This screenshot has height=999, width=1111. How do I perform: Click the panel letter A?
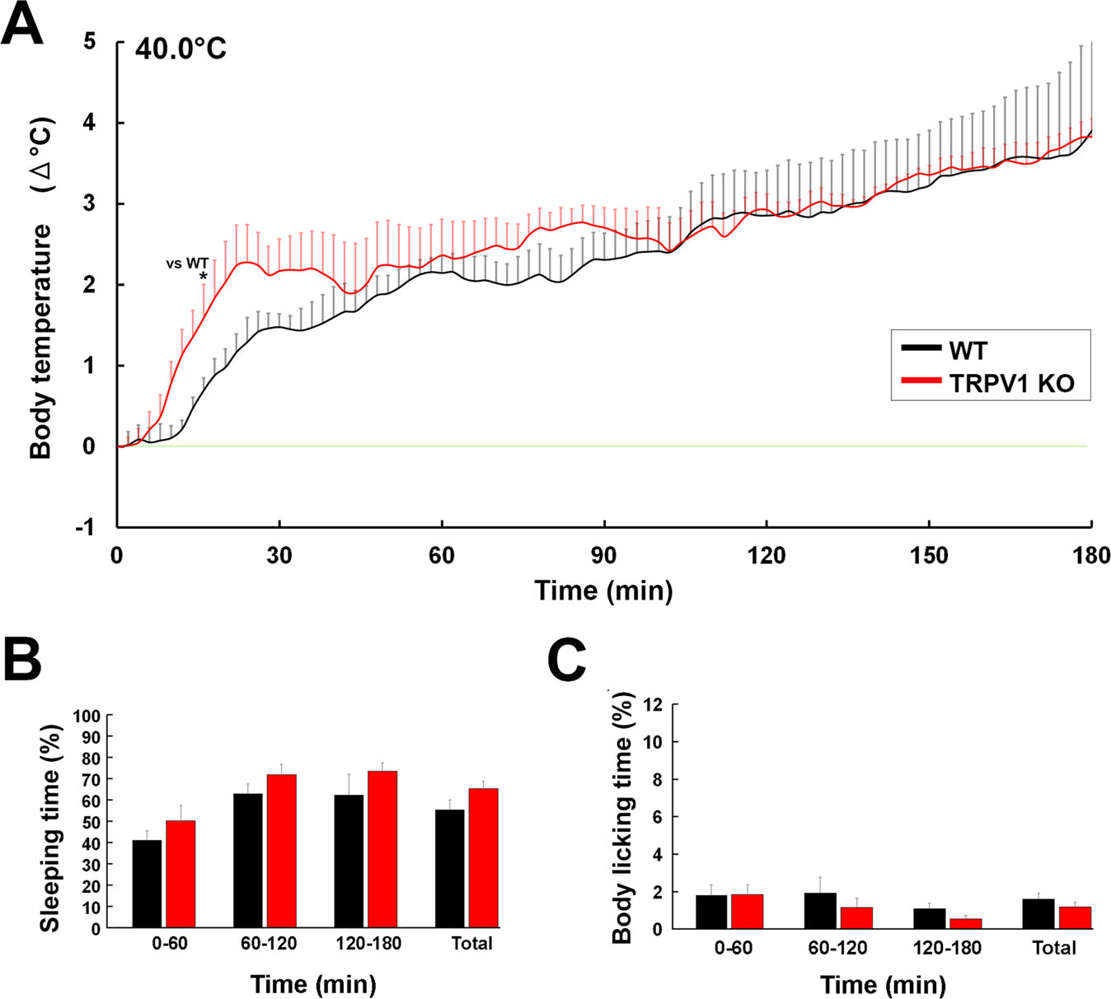(x=22, y=25)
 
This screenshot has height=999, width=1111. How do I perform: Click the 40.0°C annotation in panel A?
(x=180, y=49)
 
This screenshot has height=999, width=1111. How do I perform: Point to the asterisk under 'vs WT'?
(x=204, y=277)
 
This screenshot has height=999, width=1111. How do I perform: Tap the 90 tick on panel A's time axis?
(x=604, y=556)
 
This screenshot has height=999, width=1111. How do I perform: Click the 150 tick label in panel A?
(x=929, y=556)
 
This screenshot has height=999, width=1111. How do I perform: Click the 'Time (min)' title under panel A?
(x=603, y=591)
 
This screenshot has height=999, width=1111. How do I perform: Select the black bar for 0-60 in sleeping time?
(x=147, y=884)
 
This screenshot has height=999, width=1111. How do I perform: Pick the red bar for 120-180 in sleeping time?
(x=382, y=849)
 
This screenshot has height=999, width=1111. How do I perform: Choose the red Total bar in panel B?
(x=483, y=858)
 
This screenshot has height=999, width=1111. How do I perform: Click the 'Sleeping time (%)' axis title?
(x=49, y=828)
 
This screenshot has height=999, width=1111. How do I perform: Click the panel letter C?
(x=567, y=661)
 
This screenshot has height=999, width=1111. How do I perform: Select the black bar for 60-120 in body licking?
(x=821, y=911)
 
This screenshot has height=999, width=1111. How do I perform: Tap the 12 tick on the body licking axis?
(x=653, y=705)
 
